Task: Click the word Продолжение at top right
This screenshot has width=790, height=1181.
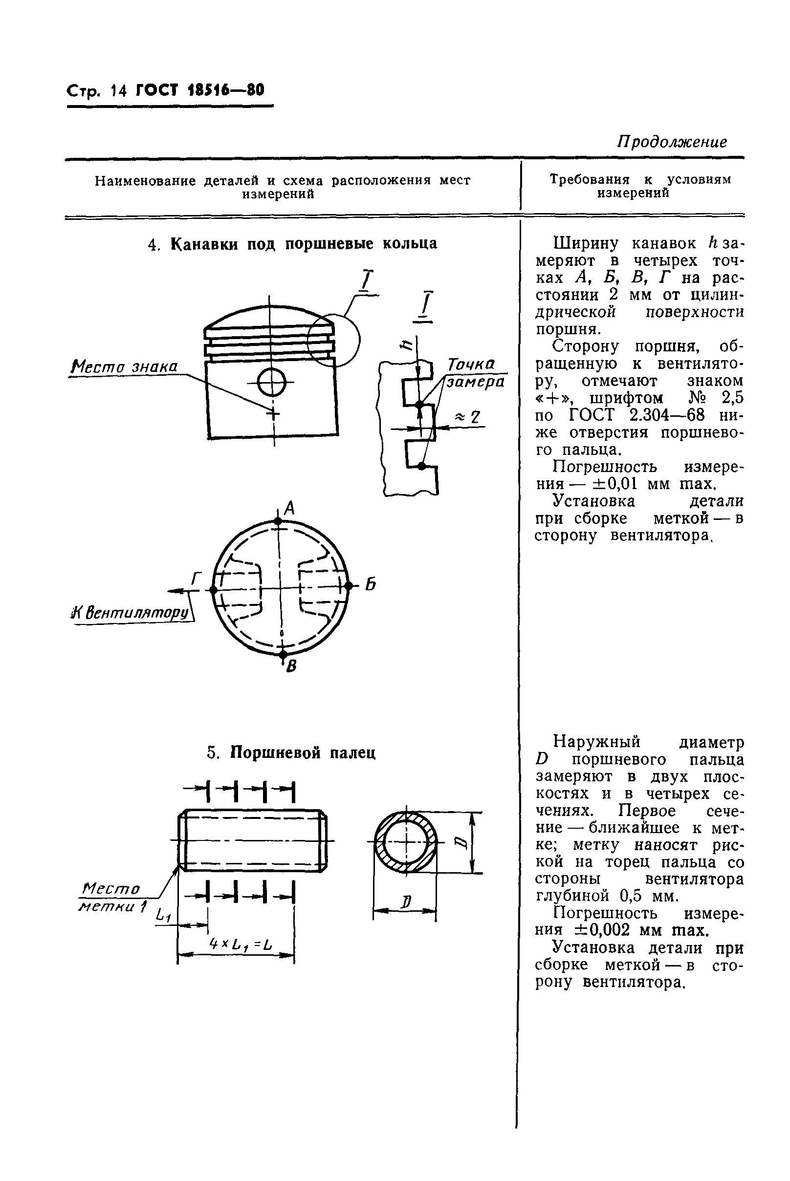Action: [x=672, y=142]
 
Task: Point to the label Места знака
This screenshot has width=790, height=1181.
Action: [x=124, y=366]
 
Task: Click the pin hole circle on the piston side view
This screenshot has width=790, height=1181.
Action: [x=272, y=384]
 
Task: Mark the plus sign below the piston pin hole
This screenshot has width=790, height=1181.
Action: [x=273, y=414]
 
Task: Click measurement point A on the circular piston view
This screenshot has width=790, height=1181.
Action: [x=278, y=521]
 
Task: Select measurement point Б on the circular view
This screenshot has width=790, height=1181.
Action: [x=348, y=586]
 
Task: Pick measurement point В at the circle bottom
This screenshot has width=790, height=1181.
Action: [x=283, y=654]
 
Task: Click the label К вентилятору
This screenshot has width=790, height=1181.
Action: [x=132, y=613]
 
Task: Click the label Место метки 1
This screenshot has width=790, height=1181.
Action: [x=112, y=898]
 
